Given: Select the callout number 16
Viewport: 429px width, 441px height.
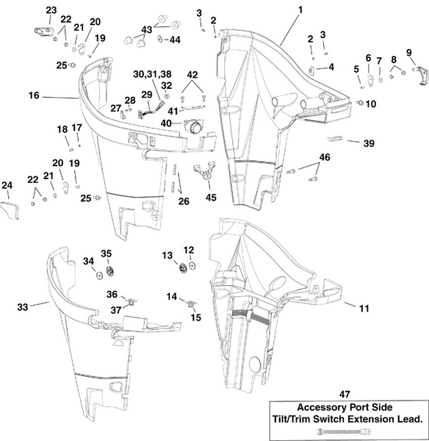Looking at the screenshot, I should pos(34,96).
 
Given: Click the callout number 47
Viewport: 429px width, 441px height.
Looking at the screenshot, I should pos(347,394).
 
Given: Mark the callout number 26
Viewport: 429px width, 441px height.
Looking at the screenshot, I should pos(184,200).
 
